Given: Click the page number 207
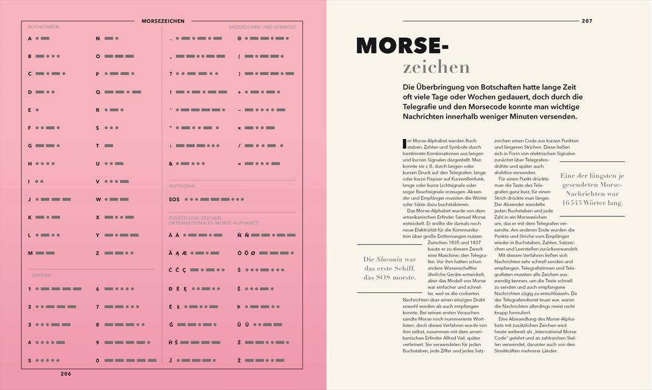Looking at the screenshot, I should [x=587, y=21].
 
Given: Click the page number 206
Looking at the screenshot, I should [x=65, y=373].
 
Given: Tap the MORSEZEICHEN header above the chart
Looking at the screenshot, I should [x=163, y=21].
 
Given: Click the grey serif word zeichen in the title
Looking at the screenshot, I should [x=436, y=66].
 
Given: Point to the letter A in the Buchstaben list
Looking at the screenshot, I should [x=29, y=38].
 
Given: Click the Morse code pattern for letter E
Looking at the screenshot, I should [x=37, y=110].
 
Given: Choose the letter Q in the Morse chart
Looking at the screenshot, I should [x=97, y=92].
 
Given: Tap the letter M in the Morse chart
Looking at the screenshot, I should [x=30, y=253].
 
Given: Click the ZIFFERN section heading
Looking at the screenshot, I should [x=41, y=275].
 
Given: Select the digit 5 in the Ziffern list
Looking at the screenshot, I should [x=29, y=360].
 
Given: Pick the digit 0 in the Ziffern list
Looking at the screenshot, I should [x=97, y=360].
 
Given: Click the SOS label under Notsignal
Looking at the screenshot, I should [x=174, y=199].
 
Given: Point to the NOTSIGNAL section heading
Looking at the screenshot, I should [x=183, y=186].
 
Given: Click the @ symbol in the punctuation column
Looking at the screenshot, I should [x=239, y=38].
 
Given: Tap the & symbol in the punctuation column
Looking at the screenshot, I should [x=171, y=164].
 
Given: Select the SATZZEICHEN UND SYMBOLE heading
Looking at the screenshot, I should [x=262, y=27].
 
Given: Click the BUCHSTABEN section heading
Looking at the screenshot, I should [x=43, y=27].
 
